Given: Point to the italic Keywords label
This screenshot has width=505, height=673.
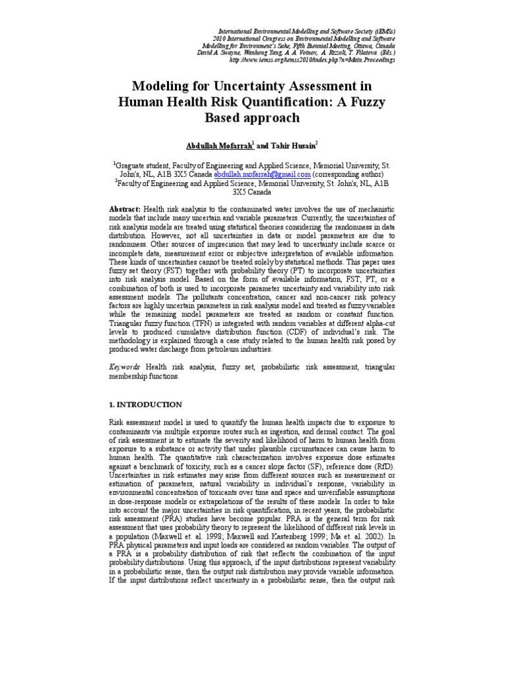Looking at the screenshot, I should [124, 365].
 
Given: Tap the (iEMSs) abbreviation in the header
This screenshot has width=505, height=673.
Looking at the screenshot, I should [382, 30].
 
